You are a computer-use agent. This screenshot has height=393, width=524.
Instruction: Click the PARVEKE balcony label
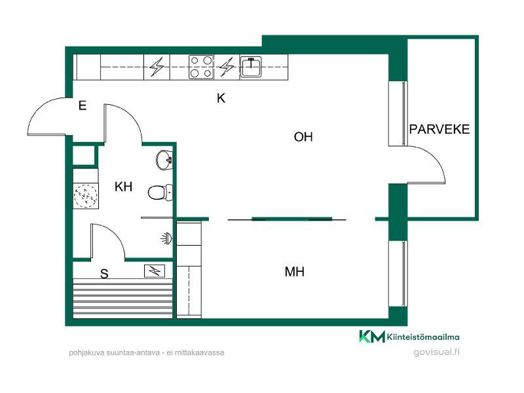pos(439,129)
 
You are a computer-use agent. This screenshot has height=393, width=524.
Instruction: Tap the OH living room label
pos(303,137)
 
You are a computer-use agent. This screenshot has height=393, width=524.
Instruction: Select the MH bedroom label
pos(294,272)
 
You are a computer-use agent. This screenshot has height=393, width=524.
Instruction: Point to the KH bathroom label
pos(123,187)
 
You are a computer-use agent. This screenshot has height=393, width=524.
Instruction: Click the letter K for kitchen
pos(221,98)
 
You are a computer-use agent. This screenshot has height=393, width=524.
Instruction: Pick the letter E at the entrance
pos(83,105)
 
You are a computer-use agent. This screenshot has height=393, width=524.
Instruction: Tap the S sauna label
pos(104,274)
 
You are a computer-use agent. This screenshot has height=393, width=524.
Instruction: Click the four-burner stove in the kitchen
pos(201,67)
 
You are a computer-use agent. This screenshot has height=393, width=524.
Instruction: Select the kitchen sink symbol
pos(251,67)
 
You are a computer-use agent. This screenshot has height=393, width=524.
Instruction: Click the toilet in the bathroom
pos(160,193)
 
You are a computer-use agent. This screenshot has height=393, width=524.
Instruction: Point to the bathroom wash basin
pos(164,160)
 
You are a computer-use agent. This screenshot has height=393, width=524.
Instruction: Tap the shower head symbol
pos(167,238)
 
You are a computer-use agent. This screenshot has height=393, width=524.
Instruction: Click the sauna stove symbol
pos(155,271)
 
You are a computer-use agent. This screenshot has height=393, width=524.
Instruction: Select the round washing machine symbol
pos(86,195)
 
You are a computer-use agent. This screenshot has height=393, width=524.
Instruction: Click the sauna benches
pos(123,299)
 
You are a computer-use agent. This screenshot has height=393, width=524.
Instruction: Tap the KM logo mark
pos(372,336)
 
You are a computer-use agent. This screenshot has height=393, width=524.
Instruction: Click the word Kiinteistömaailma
pos(423,337)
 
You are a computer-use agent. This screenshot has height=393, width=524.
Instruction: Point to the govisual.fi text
pos(436,352)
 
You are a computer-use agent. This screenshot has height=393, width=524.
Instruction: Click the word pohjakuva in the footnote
pos(86,353)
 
